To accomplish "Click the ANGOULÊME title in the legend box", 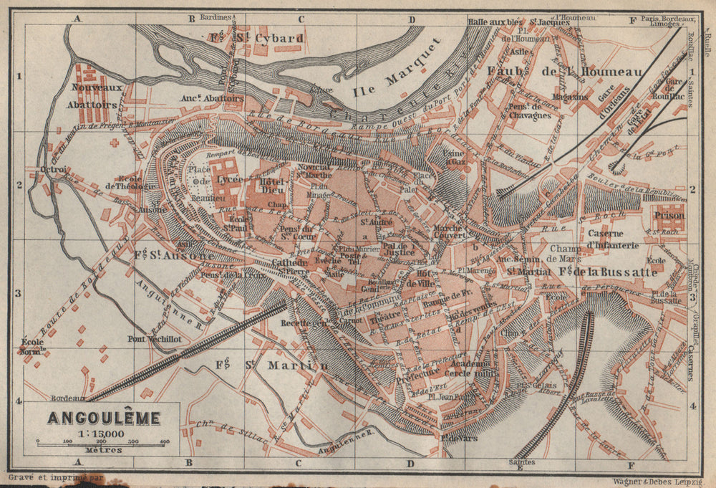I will [x=104, y=417].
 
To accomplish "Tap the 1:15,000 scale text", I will [x=104, y=432].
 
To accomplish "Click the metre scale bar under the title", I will [x=104, y=444].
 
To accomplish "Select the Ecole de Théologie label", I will [x=131, y=181].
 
